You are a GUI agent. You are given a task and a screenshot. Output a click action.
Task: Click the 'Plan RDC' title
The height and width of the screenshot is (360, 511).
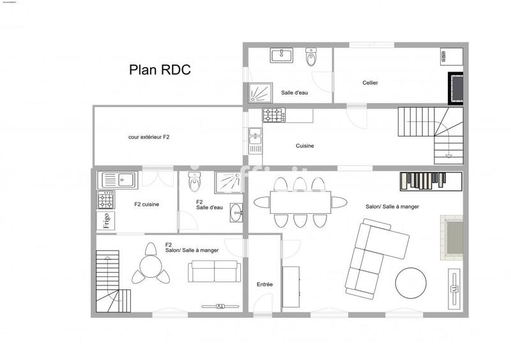point(160,70)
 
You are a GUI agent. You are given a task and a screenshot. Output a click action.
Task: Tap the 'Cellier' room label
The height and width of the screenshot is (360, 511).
point(370,82)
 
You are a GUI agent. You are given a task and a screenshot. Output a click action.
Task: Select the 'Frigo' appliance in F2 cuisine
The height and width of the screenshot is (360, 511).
point(105,221)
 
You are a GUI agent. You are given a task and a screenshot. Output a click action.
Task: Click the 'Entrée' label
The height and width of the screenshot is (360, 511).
point(264,285)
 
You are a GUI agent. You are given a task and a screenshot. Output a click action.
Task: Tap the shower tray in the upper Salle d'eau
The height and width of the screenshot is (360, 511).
point(259,93)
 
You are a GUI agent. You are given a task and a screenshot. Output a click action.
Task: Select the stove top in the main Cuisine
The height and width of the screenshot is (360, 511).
point(273,116)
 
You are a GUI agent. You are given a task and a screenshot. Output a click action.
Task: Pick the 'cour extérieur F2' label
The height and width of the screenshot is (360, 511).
point(149,137)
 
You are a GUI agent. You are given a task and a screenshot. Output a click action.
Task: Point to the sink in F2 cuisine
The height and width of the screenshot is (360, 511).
point(118,179)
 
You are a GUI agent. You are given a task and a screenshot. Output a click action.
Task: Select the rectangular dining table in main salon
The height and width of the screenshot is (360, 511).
point(300,203)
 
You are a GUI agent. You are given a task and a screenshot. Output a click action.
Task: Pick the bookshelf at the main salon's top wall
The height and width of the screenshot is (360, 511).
point(431,181)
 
